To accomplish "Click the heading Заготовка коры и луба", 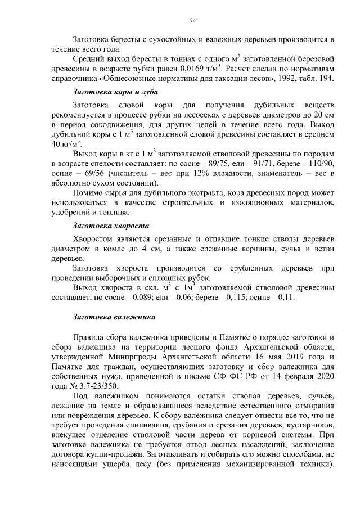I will (x=116, y=91).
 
